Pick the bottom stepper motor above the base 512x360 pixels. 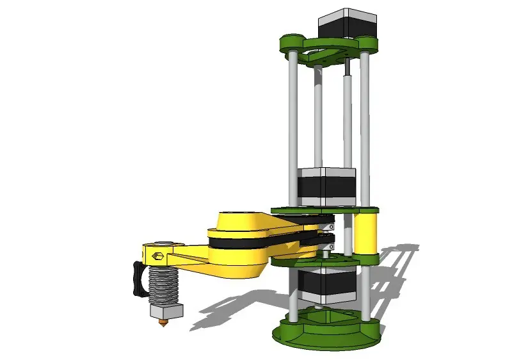(324, 286)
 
